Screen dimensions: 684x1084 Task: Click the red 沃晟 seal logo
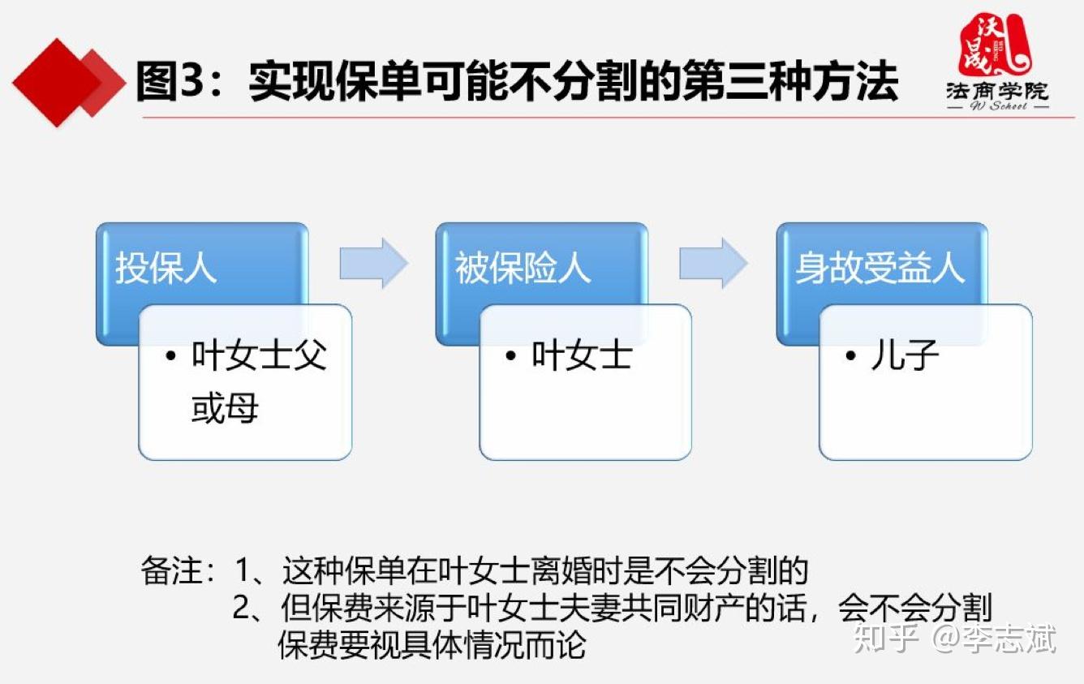995,45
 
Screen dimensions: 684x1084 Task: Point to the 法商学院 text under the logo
997,91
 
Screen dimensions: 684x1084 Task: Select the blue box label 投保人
166,269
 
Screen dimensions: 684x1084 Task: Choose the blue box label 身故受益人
880,269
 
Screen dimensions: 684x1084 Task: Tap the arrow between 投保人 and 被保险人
372,263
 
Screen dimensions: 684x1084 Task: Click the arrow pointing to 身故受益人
712,263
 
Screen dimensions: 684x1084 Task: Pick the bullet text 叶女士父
259,356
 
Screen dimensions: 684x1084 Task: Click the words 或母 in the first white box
225,408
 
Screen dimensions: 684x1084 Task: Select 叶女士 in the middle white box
582,356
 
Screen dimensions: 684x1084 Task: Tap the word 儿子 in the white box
905,356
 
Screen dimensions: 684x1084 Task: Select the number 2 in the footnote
242,609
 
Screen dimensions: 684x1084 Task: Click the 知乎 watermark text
885,639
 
